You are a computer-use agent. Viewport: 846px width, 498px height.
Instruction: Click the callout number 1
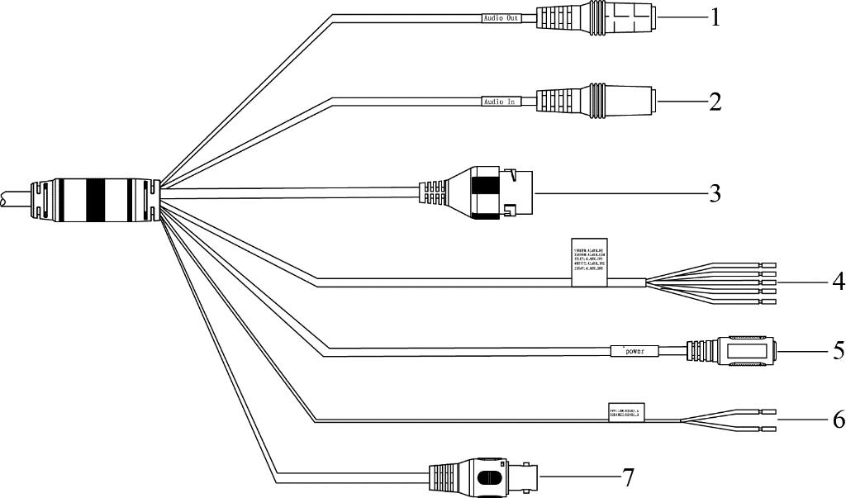(715, 17)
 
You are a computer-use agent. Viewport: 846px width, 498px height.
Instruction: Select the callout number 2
(715, 102)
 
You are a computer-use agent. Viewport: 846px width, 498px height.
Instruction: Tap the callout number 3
(715, 194)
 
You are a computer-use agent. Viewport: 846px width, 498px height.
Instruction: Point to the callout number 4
(838, 282)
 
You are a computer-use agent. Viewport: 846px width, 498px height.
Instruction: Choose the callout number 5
(838, 351)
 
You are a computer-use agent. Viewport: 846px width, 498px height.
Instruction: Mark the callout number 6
(838, 420)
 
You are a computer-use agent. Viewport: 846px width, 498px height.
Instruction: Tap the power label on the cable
(634, 351)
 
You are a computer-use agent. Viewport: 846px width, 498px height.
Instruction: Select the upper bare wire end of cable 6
(768, 410)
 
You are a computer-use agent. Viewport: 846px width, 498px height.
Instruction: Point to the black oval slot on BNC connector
(489, 478)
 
